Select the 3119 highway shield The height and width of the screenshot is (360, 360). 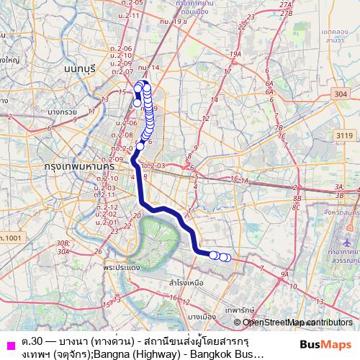[343, 133]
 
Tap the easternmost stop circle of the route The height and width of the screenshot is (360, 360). [228, 258]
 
